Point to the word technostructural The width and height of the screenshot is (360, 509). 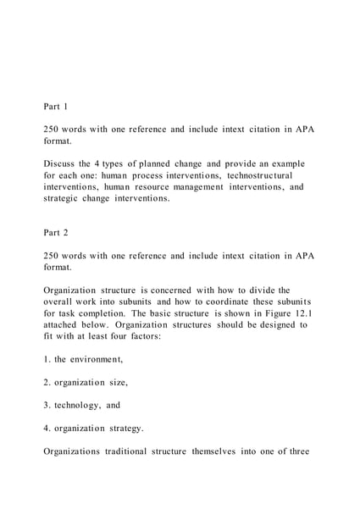(253, 175)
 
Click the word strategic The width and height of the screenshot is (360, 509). (60, 199)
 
